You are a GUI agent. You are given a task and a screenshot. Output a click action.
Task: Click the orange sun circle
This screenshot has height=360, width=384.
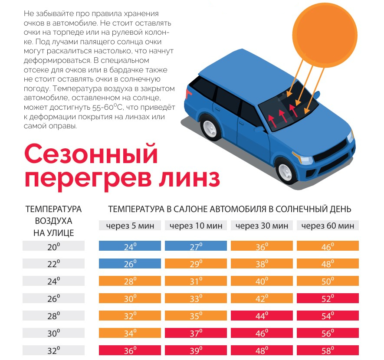pos(325,35)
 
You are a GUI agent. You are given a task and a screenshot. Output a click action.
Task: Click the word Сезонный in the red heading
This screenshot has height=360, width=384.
pos(91,154)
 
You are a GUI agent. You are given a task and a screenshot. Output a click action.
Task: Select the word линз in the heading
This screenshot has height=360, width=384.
pos(189,178)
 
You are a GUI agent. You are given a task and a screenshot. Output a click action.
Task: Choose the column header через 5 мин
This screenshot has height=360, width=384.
pos(130,226)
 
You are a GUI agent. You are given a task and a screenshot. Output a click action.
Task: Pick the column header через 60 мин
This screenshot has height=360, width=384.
pos(328,226)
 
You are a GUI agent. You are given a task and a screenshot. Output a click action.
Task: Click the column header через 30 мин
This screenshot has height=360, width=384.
pos(262,226)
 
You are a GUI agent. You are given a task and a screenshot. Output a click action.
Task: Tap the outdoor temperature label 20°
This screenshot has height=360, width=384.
pos(54,245)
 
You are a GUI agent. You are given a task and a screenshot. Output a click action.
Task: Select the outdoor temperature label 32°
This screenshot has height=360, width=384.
pos(54,350)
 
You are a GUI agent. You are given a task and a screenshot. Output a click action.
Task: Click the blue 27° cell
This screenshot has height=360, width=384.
pos(196,245)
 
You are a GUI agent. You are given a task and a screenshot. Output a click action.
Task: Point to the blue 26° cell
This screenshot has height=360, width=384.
pos(130,263)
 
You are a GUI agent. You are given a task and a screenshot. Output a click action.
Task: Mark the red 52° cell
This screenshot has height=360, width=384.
pos(328,298)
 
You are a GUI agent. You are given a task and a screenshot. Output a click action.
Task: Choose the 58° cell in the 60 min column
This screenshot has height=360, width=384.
pos(328,350)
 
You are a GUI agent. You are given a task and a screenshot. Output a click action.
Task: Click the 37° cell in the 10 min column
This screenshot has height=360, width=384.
pos(196,333)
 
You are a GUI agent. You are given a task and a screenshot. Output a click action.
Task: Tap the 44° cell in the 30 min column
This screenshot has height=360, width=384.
pos(262,315)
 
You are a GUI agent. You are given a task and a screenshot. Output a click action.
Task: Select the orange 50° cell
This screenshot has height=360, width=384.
pos(328,281)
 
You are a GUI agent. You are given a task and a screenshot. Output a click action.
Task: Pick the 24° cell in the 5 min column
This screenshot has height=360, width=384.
pos(130,245)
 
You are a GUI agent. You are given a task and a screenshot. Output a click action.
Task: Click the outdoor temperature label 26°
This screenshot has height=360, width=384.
pos(54,298)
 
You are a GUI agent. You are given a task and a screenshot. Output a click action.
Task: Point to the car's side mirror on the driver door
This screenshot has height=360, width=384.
pos(260,129)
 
